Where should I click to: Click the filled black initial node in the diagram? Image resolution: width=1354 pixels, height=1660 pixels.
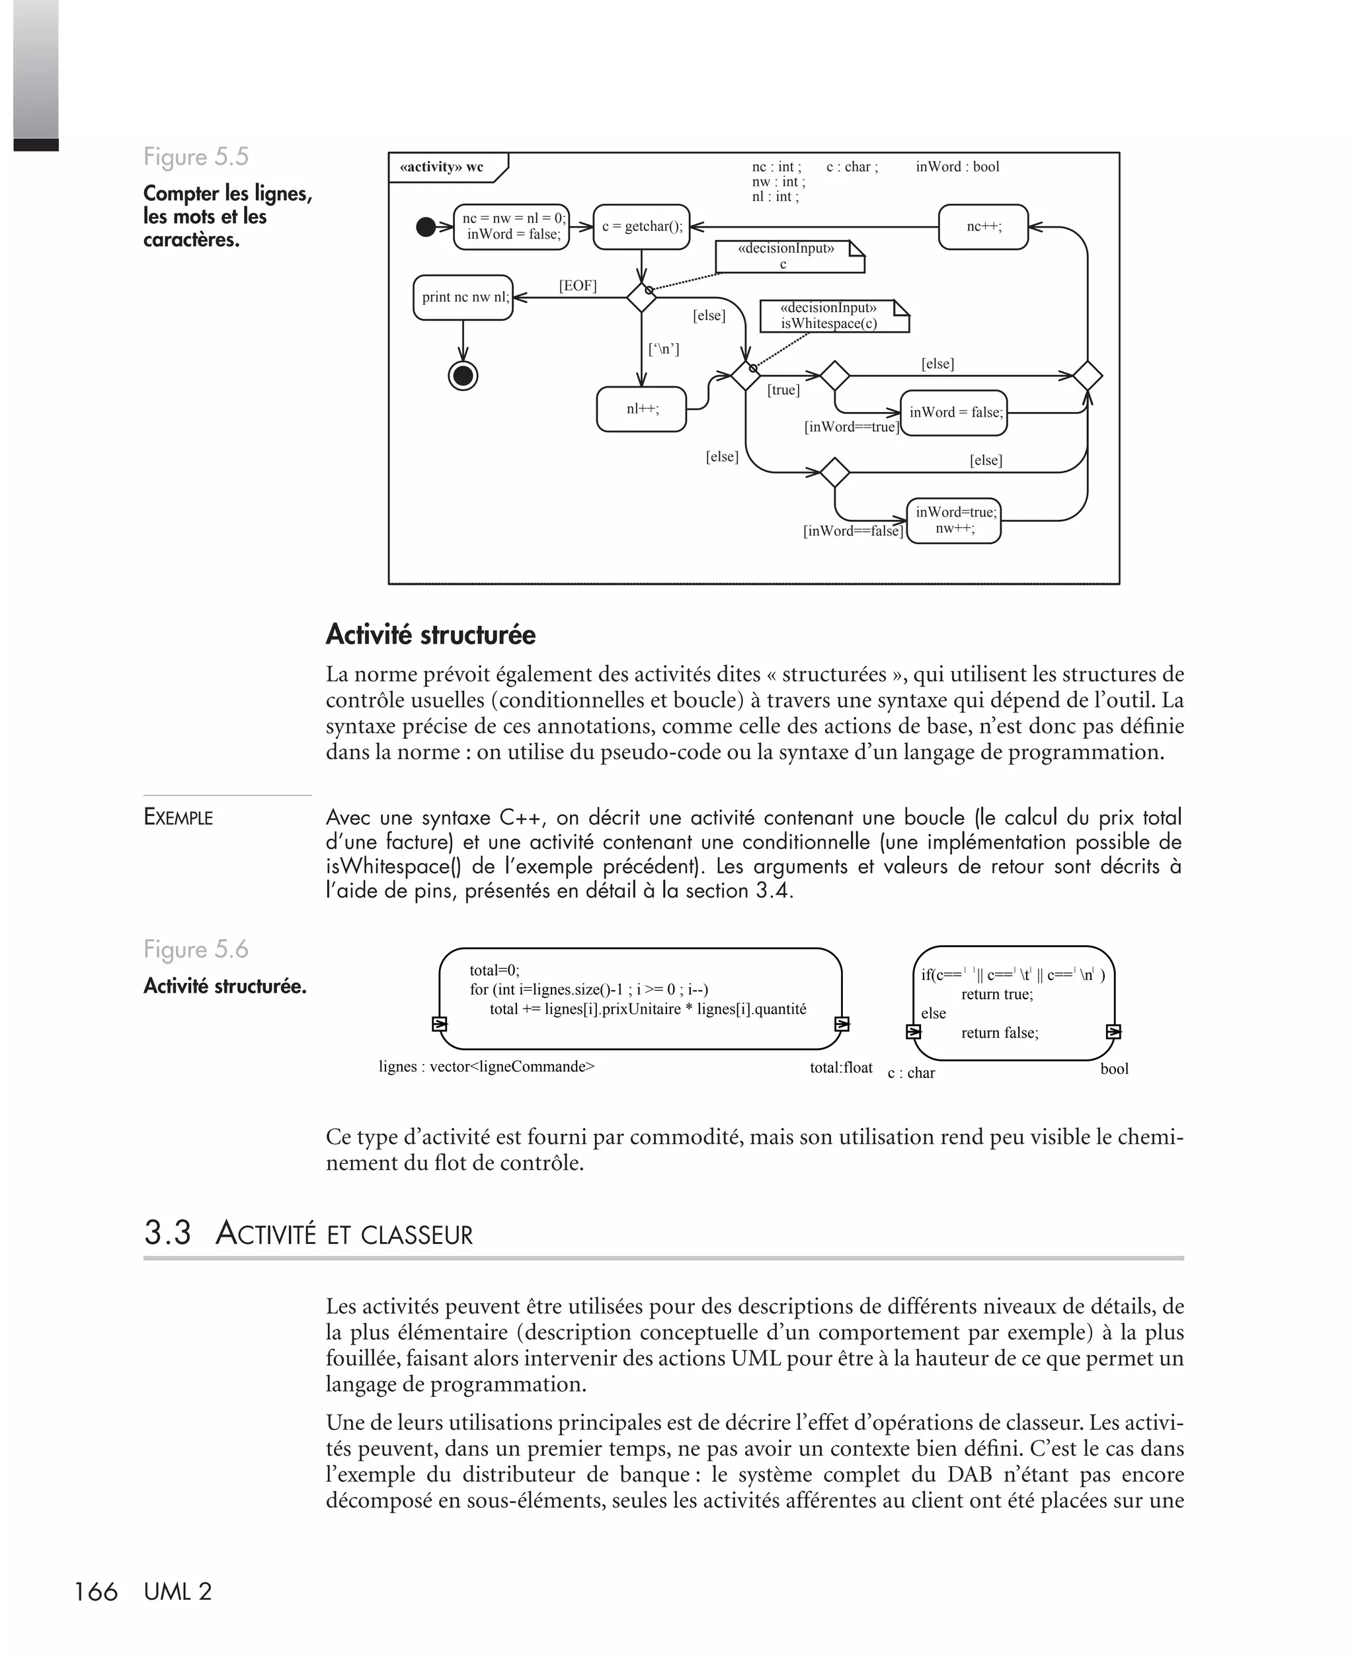(x=426, y=227)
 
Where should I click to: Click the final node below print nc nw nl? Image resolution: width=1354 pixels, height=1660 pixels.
(x=463, y=376)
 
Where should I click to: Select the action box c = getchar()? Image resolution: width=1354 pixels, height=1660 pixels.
(x=641, y=227)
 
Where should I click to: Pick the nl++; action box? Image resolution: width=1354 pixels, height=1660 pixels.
(x=641, y=409)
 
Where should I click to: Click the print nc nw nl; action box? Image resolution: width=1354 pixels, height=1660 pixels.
(x=463, y=297)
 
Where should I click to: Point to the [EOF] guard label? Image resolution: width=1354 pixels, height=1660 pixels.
(x=577, y=286)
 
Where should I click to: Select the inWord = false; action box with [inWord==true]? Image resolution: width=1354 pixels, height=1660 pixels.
(x=955, y=413)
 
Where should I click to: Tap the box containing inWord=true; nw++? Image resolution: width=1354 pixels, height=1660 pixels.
(x=954, y=520)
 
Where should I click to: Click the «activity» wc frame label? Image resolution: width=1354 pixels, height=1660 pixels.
(x=442, y=167)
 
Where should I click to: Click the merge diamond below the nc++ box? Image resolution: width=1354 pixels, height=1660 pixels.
(x=1088, y=376)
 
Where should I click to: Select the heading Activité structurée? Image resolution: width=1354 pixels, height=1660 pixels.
(x=430, y=635)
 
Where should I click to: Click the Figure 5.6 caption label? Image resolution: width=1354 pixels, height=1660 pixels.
(x=196, y=949)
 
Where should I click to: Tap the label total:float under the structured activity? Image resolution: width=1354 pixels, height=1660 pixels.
(x=841, y=1068)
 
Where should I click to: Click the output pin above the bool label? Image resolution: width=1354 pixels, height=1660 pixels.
(x=1114, y=1032)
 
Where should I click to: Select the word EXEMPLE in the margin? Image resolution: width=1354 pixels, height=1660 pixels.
(x=179, y=817)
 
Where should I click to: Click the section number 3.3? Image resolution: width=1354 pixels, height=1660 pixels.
(x=168, y=1233)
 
